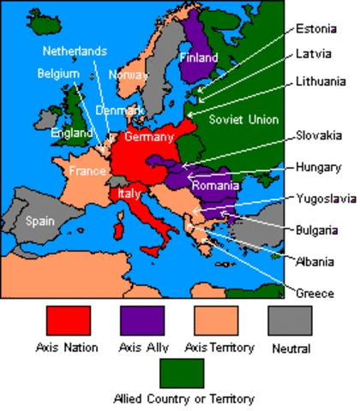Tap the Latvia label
[x=313, y=54]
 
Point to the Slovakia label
[x=319, y=135]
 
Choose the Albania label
[x=316, y=261]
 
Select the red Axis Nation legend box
[x=68, y=320]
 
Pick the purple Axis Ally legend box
[x=142, y=320]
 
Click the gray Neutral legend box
[x=291, y=320]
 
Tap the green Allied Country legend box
[x=181, y=373]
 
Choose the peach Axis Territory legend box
[x=217, y=320]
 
